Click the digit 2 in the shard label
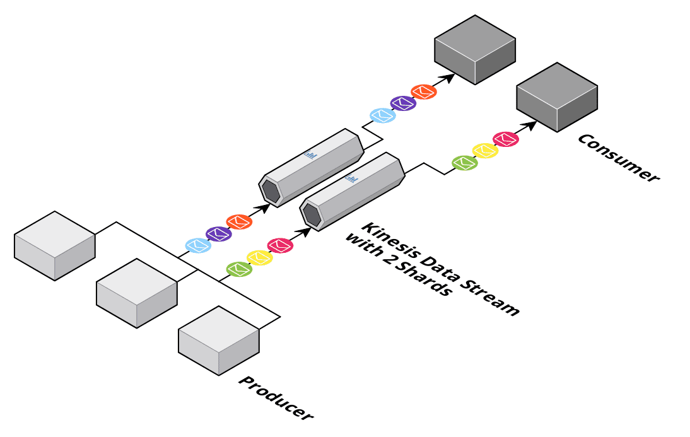[x=397, y=261]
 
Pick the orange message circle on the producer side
[x=239, y=222]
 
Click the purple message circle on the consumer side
[x=402, y=103]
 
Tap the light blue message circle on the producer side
[x=198, y=245]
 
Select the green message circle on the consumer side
[x=465, y=163]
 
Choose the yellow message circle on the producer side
[x=259, y=257]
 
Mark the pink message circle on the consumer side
[x=506, y=139]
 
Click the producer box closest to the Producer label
[x=219, y=340]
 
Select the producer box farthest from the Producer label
[x=55, y=245]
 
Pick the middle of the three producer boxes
[x=137, y=293]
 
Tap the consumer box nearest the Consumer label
[x=557, y=97]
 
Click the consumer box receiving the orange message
[x=475, y=50]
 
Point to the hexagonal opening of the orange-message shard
[x=271, y=191]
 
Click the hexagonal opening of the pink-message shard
[x=313, y=214]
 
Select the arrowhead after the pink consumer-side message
[x=530, y=125]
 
